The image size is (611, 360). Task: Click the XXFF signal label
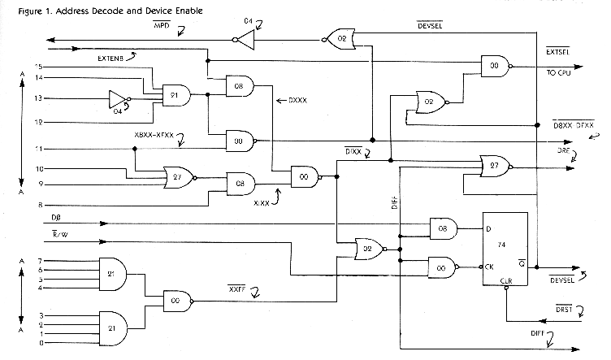236,288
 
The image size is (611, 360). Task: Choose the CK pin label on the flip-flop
490,264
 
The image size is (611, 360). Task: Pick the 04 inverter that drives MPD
250,36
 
